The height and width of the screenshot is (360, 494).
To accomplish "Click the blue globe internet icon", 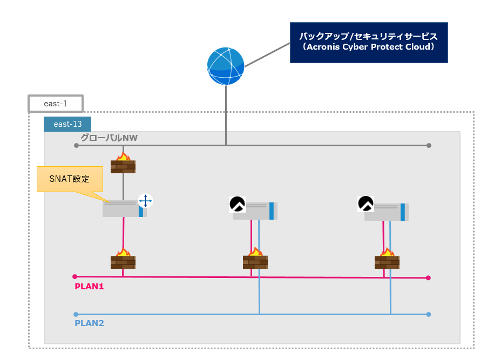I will (x=226, y=66).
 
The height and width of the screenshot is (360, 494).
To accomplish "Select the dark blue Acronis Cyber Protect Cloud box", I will (x=369, y=43).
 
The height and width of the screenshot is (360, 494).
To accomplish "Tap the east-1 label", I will (x=56, y=103).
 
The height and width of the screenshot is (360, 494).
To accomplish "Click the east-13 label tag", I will (x=67, y=124).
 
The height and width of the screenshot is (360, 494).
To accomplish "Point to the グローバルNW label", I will (x=109, y=138).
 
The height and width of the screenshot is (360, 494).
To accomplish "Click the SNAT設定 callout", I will (x=69, y=179).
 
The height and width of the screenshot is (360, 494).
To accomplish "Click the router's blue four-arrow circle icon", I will (x=145, y=201).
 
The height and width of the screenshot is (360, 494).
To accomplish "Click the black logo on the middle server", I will (x=238, y=205).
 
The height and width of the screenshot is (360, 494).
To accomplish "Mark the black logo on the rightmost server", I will (x=366, y=203).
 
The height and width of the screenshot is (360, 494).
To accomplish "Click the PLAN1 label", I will (x=89, y=287).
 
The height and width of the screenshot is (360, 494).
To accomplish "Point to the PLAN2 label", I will (x=89, y=323).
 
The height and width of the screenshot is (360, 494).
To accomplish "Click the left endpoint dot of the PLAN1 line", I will (x=75, y=276).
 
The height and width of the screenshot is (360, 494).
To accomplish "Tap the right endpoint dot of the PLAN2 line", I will (x=429, y=314).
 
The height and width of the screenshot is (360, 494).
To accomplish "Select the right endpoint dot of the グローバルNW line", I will (x=429, y=145).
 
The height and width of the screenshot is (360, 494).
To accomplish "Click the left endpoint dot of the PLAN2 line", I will (x=76, y=314).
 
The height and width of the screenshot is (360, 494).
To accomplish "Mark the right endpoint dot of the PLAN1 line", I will (x=428, y=278).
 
